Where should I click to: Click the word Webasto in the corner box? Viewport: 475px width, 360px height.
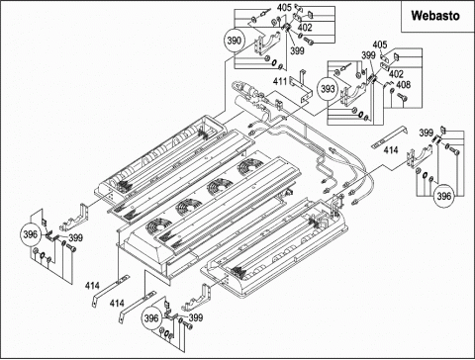tap(435, 16)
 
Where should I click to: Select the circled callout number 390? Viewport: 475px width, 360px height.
tap(235, 41)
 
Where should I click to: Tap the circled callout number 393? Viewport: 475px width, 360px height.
tap(328, 89)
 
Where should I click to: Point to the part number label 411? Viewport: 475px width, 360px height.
tap(280, 81)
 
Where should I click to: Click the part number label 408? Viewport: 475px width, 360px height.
tap(403, 85)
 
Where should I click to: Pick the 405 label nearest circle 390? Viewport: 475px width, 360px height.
tap(284, 7)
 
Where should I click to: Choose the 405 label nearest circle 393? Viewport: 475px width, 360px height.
tap(380, 45)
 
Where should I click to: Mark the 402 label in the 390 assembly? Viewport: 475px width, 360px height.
tap(305, 28)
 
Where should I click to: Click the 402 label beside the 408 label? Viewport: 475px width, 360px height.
tap(396, 74)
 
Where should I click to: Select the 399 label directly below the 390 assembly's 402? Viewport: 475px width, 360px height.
tap(297, 50)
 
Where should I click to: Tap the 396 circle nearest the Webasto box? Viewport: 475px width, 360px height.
tap(443, 196)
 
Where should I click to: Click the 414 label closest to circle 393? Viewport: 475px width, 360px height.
tap(391, 150)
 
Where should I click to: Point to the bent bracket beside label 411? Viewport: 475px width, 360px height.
tap(301, 86)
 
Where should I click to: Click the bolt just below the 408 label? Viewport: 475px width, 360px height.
tap(402, 97)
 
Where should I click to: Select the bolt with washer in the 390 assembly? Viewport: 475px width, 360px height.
tap(307, 42)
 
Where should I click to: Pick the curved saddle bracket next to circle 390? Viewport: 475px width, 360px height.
tap(267, 43)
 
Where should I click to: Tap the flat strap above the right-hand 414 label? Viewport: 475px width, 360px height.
tap(389, 136)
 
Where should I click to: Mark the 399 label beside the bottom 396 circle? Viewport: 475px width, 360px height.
tap(196, 317)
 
